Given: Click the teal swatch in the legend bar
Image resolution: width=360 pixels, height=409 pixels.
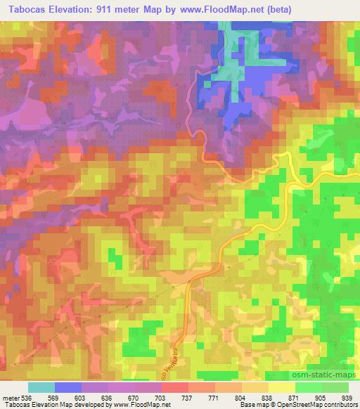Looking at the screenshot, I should point(41,387).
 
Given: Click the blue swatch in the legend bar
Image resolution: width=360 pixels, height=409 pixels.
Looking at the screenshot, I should point(68,387).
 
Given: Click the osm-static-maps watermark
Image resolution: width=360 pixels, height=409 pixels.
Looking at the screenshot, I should point(328,376).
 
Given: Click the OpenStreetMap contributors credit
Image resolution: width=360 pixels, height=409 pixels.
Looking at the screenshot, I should point(314,405).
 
